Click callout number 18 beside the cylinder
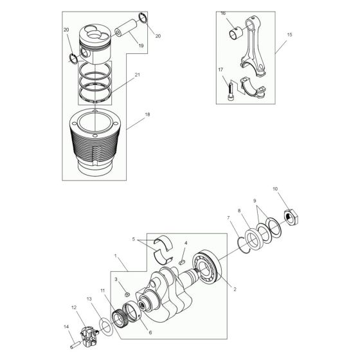click(x=148, y=115)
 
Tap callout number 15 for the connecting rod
click(x=289, y=34)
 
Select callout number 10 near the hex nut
click(x=276, y=189)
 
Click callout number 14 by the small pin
click(x=66, y=328)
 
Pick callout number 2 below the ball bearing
click(x=235, y=289)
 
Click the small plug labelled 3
click(x=127, y=294)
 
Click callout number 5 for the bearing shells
click(x=134, y=239)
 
